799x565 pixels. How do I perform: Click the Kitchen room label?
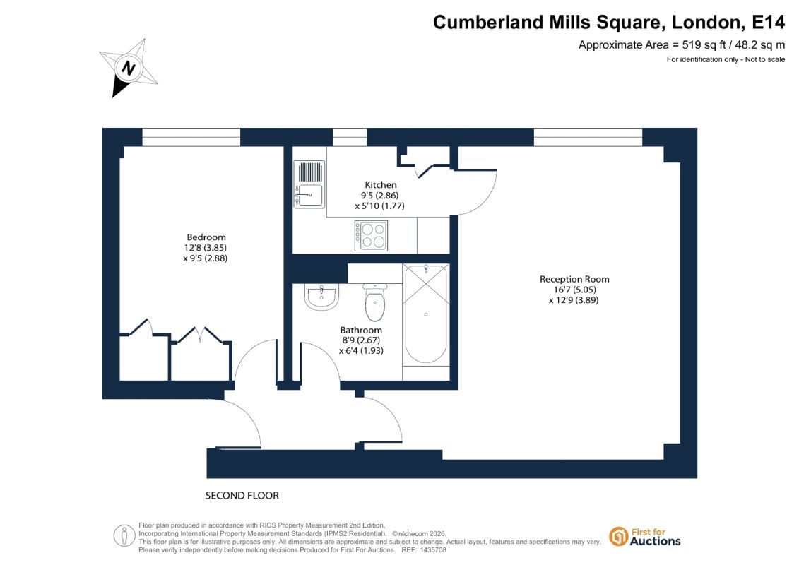(x=380, y=185)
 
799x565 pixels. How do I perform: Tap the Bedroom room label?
(x=206, y=237)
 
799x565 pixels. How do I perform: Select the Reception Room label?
(x=574, y=279)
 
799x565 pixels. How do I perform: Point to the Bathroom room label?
(x=361, y=330)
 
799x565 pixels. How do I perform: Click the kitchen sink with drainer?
(x=309, y=184)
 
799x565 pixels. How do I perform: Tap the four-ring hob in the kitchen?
(x=371, y=236)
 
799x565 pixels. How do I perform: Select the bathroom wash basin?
(x=321, y=297)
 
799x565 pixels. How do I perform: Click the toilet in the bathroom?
(x=375, y=302)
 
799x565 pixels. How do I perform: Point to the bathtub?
(x=426, y=314)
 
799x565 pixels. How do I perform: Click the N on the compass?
(x=129, y=67)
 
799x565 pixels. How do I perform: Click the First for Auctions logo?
(x=645, y=537)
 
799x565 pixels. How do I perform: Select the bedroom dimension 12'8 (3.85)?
(x=206, y=248)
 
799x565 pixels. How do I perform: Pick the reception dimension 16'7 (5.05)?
(x=575, y=290)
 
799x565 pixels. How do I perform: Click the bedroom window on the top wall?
(x=191, y=137)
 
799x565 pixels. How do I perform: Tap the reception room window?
(x=588, y=137)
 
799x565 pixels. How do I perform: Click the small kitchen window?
(x=350, y=137)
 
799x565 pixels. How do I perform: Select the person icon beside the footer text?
(x=124, y=536)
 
